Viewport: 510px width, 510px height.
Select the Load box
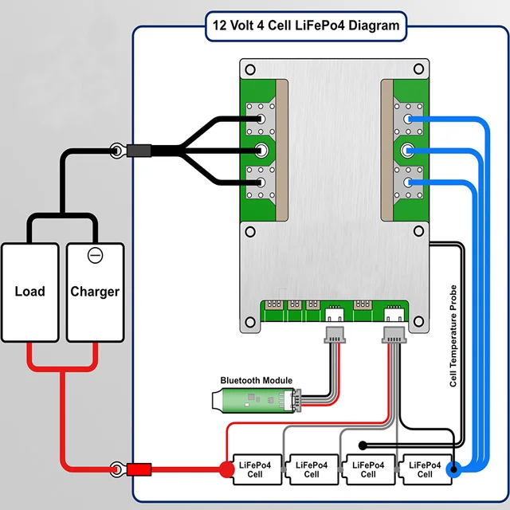[29, 292]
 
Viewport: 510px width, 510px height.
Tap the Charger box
[95, 292]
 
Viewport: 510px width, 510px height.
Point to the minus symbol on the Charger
[95, 255]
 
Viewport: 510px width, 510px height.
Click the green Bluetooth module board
[254, 400]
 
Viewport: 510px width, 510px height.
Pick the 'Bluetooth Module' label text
[256, 381]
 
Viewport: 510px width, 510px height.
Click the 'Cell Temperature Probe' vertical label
[453, 335]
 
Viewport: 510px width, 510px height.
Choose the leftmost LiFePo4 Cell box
[256, 470]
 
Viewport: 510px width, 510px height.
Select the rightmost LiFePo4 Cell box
[423, 470]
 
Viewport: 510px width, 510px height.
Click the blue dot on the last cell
[453, 469]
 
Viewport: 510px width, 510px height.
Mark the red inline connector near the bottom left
[139, 469]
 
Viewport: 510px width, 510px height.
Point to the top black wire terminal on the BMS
[261, 120]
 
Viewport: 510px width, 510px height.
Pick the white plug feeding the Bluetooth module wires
[334, 335]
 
